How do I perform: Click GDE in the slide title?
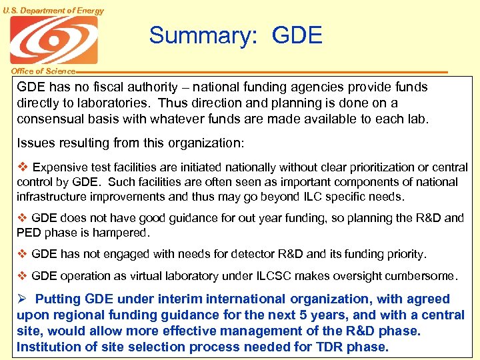tap(297, 35)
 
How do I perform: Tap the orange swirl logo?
tap(53, 40)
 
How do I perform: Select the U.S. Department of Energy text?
tap(53, 10)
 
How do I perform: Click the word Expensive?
tap(62, 167)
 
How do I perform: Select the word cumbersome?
tap(423, 275)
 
